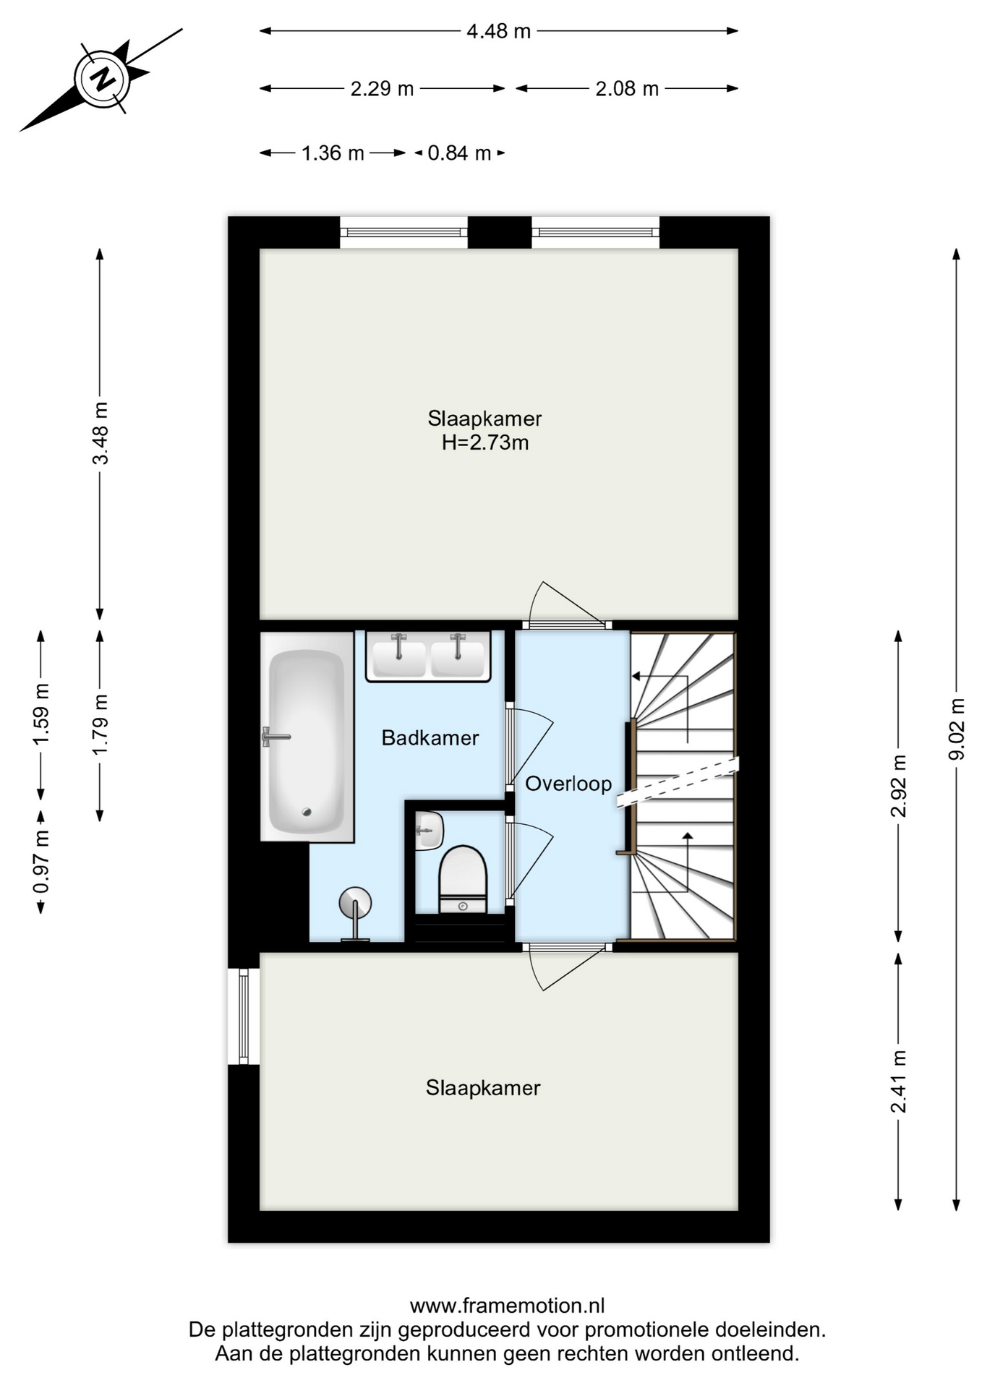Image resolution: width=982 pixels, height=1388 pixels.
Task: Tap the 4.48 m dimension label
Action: pyautogui.click(x=498, y=31)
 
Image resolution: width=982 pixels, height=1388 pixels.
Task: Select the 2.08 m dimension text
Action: pyautogui.click(x=627, y=89)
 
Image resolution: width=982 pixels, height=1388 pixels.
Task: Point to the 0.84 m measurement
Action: pyautogui.click(x=459, y=153)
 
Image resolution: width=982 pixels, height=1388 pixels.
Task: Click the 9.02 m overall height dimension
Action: pyautogui.click(x=957, y=729)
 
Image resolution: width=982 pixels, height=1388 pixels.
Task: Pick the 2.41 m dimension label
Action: pyautogui.click(x=898, y=1081)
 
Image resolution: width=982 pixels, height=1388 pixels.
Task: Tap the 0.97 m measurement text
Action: pyautogui.click(x=41, y=862)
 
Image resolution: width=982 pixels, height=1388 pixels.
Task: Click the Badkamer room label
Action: pyautogui.click(x=430, y=738)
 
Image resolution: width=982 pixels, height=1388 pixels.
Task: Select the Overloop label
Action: pyautogui.click(x=568, y=784)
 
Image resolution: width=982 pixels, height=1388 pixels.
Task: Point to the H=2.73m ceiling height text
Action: pyautogui.click(x=485, y=442)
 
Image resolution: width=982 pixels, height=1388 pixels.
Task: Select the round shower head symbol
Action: pyautogui.click(x=355, y=903)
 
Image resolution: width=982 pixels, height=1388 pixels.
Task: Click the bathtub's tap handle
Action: pyautogui.click(x=275, y=737)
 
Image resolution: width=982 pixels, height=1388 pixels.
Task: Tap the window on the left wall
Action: pyautogui.click(x=244, y=1016)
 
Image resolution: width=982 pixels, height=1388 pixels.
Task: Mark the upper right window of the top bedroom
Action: pyautogui.click(x=596, y=232)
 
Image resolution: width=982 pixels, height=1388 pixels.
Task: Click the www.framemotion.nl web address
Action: pyautogui.click(x=507, y=1306)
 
